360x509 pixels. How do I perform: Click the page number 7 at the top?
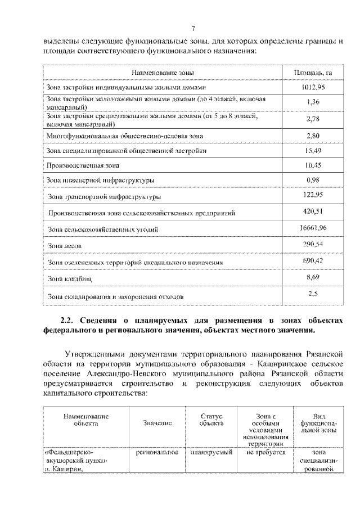[192, 29]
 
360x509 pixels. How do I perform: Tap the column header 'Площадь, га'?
[313, 74]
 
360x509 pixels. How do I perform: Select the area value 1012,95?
[313, 87]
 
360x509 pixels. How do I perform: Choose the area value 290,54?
[313, 245]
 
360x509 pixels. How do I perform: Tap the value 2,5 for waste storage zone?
[313, 293]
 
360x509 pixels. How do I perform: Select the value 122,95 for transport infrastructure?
[313, 195]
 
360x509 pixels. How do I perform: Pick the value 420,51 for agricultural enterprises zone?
[313, 211]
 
